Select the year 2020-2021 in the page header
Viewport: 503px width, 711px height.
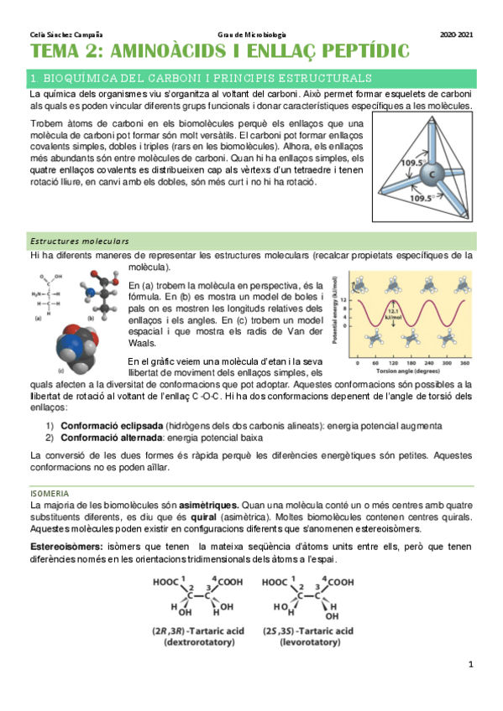[x=456, y=34]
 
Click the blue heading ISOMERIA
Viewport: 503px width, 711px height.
[x=50, y=493]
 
